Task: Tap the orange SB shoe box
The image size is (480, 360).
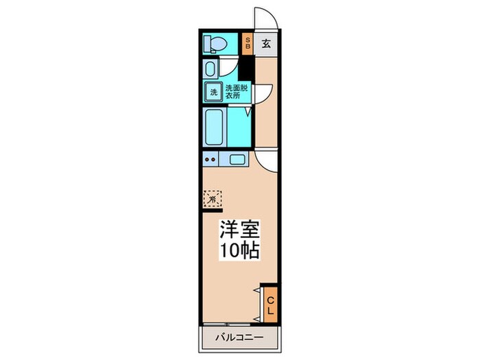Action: click(x=248, y=43)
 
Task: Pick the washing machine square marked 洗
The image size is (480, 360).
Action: click(x=213, y=91)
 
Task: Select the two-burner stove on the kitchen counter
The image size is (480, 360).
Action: click(x=211, y=160)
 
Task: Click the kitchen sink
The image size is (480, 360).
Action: click(x=237, y=160)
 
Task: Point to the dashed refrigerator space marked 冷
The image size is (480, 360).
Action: click(x=213, y=199)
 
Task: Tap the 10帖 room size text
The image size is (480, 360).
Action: click(x=239, y=250)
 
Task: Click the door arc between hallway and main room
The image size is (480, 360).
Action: click(x=267, y=160)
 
